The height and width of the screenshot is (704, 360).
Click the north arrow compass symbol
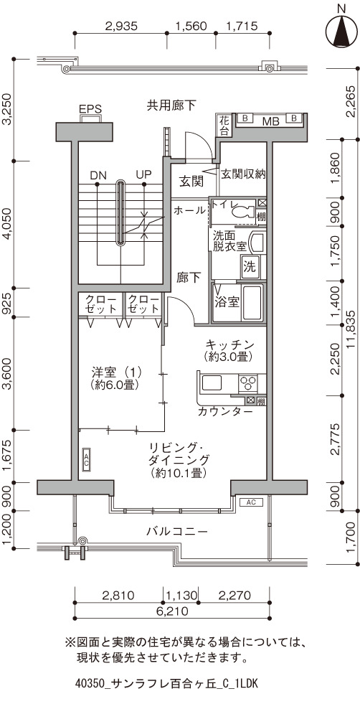343,30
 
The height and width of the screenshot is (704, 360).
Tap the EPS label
90,109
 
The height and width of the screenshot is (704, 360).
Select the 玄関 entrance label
191,182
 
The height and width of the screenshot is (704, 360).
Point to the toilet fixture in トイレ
244,210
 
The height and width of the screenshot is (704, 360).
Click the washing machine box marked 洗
249,267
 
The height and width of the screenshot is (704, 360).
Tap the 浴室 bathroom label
227,301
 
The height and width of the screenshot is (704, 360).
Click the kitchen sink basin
211,383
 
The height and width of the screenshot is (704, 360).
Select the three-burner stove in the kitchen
247,383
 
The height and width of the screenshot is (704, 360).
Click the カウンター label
225,412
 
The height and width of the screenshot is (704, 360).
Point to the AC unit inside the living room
86,459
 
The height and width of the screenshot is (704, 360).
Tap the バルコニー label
177,532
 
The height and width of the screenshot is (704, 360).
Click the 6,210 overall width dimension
172,611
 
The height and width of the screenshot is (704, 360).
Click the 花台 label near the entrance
224,126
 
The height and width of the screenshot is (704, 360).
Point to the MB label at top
270,121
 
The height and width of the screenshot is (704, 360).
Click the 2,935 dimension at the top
120,26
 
